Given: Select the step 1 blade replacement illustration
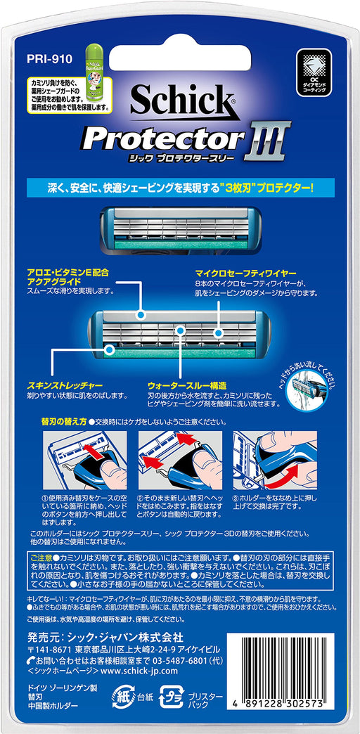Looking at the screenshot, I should (85, 463).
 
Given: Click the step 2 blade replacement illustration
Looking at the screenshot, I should (179, 463).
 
